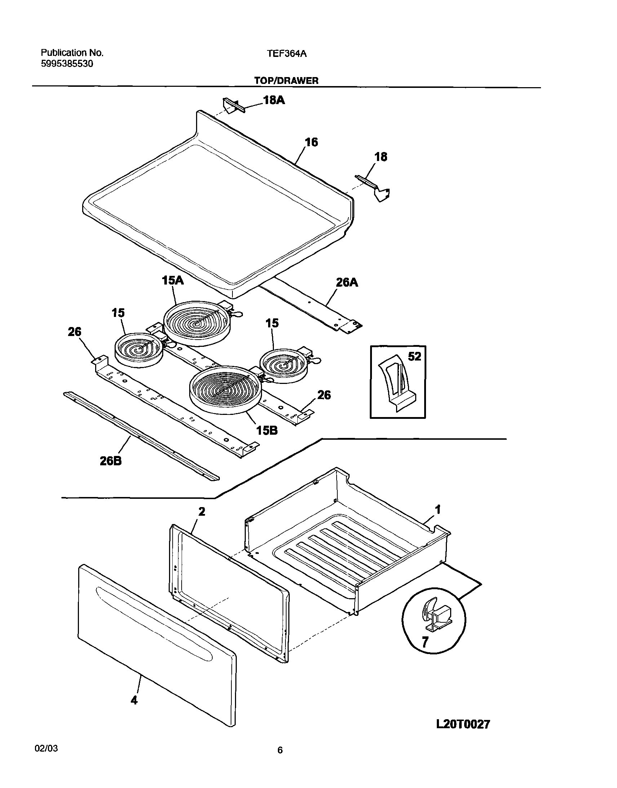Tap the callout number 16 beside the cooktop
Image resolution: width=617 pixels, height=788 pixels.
pos(311,142)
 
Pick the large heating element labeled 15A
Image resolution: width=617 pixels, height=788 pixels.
pos(197,322)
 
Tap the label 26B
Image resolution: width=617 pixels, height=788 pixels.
pos(111,461)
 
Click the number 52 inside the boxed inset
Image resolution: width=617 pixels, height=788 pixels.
pos(414,357)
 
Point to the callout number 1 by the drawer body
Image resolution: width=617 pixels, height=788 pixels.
pos(438,510)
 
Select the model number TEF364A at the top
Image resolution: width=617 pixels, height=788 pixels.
pos(287,54)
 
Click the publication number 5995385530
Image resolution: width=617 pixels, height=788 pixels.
pos(67,64)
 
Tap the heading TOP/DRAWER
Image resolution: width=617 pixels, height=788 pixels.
pos(286,81)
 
